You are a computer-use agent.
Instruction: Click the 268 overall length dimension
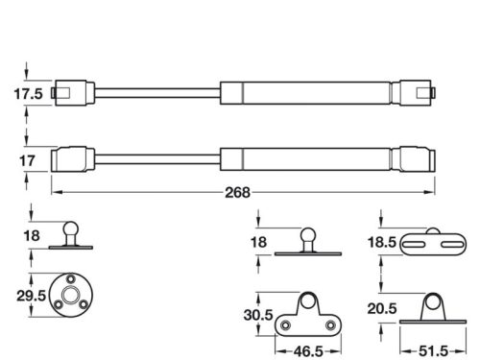(238, 190)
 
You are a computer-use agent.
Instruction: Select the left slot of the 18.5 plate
(412, 247)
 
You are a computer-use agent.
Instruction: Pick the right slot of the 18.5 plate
(446, 247)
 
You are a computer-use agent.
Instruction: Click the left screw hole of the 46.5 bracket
(285, 324)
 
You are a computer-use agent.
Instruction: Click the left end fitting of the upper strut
(71, 93)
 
